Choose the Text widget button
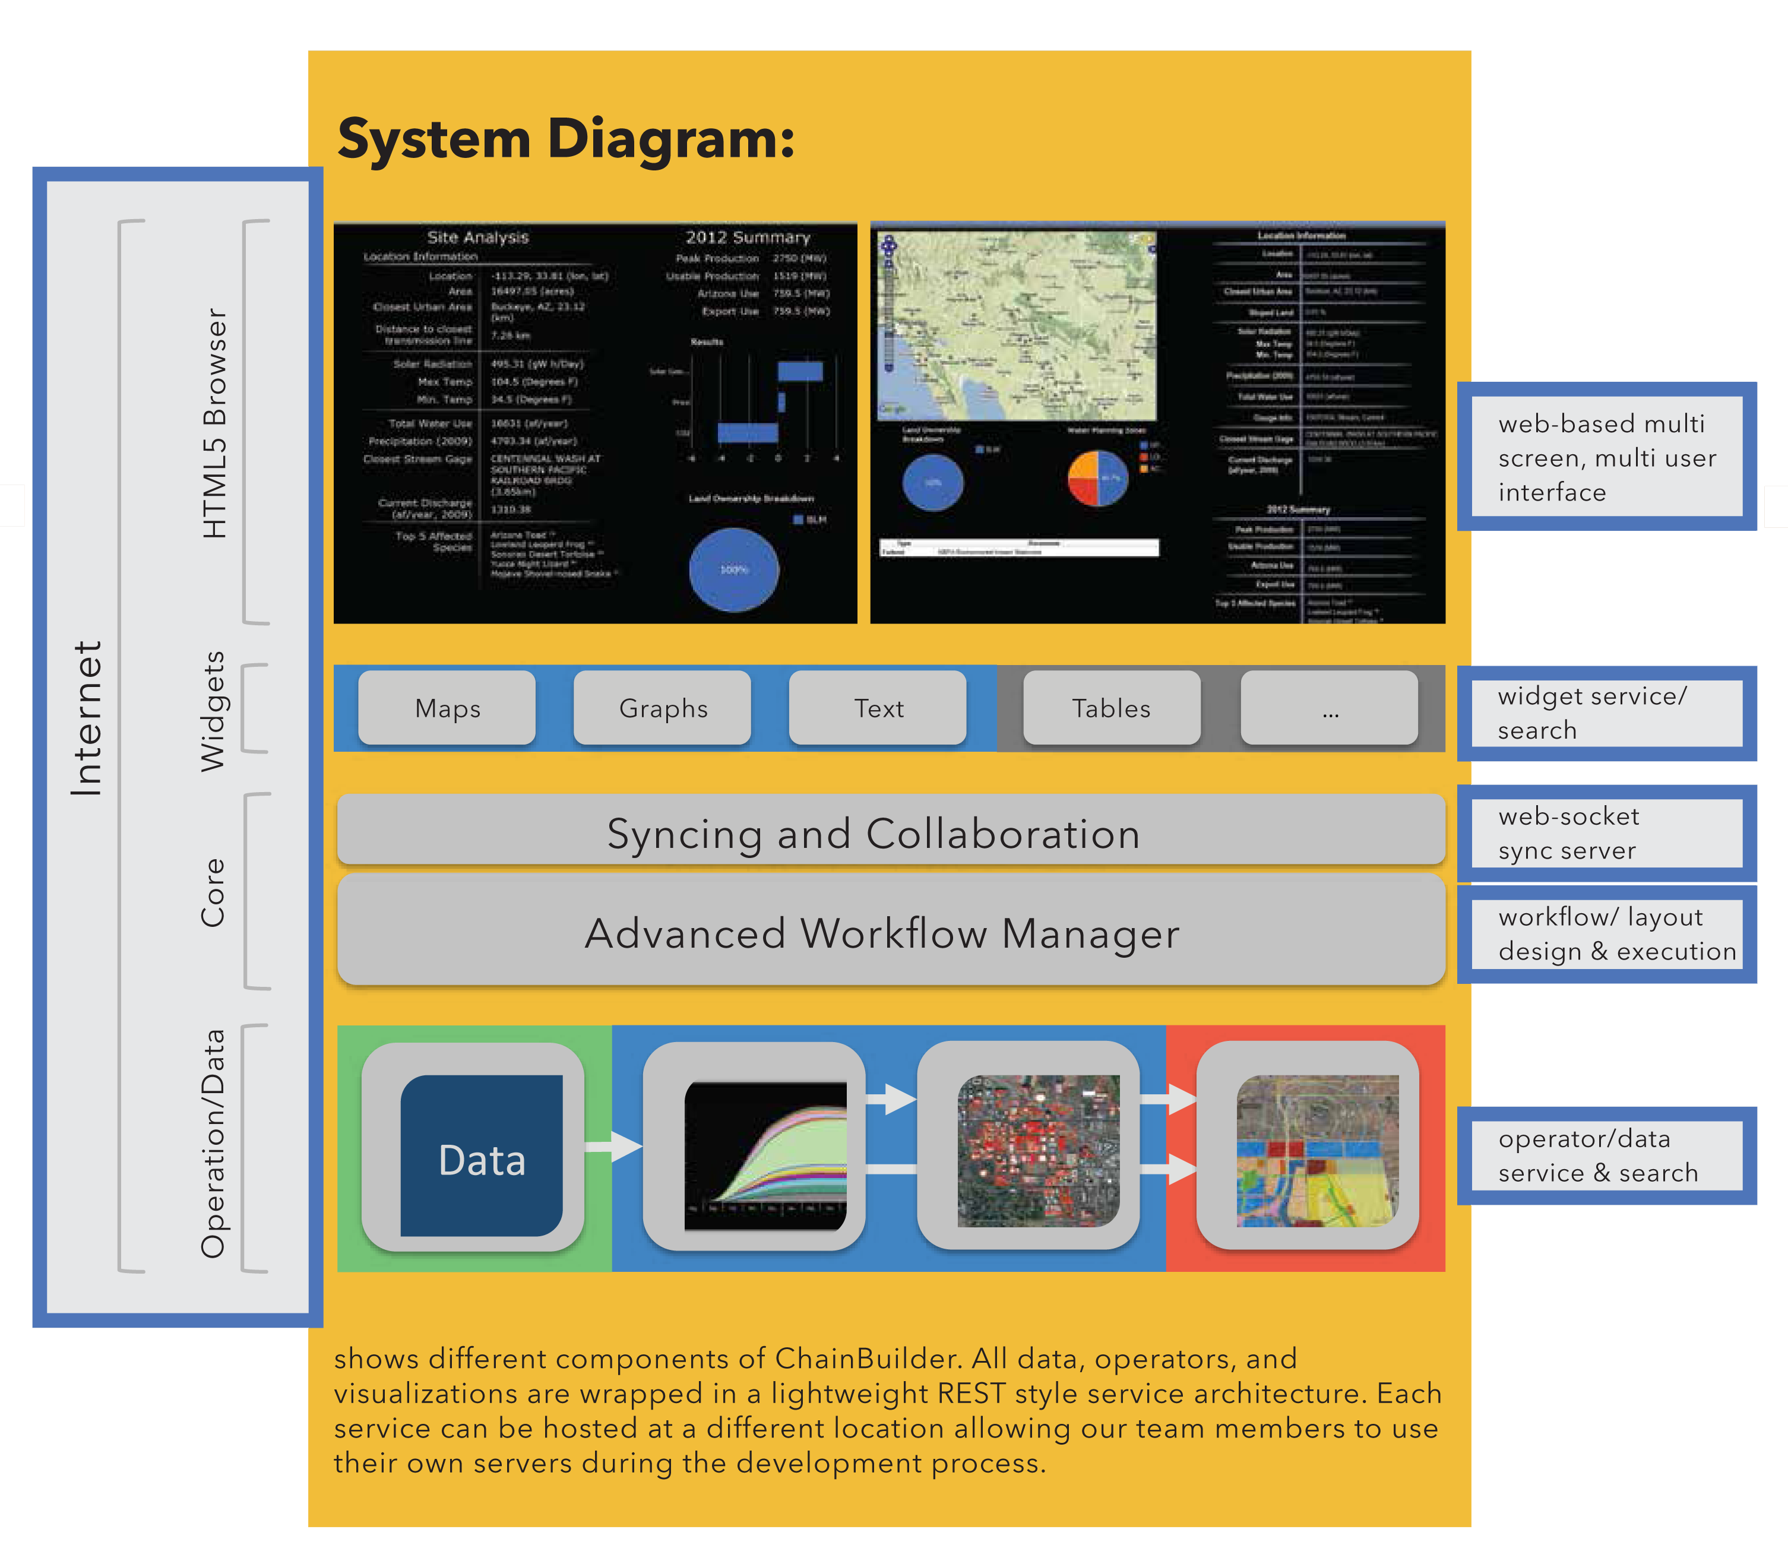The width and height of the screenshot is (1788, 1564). (878, 708)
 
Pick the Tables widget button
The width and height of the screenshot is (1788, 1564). (1111, 708)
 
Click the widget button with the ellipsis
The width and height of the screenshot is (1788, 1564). (1329, 708)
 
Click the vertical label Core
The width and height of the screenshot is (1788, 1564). (212, 891)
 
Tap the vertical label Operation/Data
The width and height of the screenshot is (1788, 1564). (212, 1144)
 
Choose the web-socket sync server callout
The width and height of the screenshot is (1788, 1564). (1606, 832)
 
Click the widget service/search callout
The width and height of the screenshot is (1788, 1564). (1606, 713)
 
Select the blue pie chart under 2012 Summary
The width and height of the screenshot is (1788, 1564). (733, 569)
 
